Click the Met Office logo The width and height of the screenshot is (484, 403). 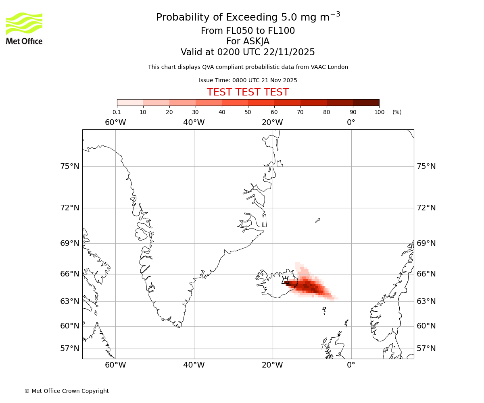pyautogui.click(x=24, y=28)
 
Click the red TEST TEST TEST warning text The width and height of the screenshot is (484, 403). pyautogui.click(x=248, y=92)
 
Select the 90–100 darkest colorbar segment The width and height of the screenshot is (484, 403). pyautogui.click(x=366, y=102)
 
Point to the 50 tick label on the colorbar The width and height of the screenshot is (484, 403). pyautogui.click(x=248, y=112)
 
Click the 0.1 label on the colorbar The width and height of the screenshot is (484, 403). pyautogui.click(x=117, y=112)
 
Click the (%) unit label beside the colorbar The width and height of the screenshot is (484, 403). pyautogui.click(x=397, y=112)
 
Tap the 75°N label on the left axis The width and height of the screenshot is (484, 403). pyautogui.click(x=70, y=166)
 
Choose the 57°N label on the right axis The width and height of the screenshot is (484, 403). pyautogui.click(x=426, y=349)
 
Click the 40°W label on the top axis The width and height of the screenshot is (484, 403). pyautogui.click(x=194, y=122)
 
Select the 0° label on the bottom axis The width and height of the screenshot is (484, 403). pyautogui.click(x=351, y=365)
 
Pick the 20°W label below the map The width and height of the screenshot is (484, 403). pyautogui.click(x=272, y=365)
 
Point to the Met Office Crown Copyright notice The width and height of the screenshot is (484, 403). pyautogui.click(x=67, y=391)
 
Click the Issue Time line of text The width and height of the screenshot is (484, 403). pyautogui.click(x=248, y=80)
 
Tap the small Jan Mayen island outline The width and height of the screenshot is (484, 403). pyautogui.click(x=318, y=220)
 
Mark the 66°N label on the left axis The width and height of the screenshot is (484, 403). pyautogui.click(x=70, y=274)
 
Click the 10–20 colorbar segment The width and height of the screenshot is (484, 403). pyautogui.click(x=156, y=102)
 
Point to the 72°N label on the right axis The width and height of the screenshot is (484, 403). pyautogui.click(x=426, y=208)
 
